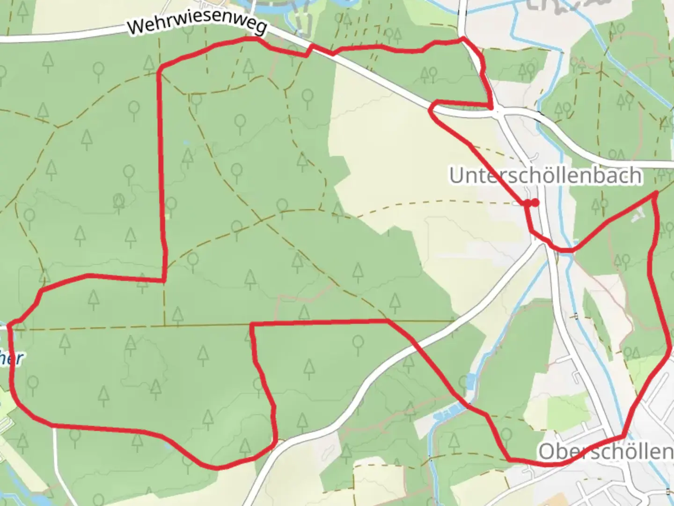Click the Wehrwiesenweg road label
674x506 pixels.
coord(197,26)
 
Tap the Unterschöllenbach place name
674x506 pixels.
coord(546,176)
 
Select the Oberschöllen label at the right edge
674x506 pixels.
coord(606,452)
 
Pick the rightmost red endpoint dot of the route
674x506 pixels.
coord(535,202)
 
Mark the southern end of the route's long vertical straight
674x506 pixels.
coord(164,280)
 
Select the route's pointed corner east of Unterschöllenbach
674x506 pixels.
coord(655,194)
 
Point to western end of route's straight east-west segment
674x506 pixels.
coord(252,324)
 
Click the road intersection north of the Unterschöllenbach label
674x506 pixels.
coord(499,112)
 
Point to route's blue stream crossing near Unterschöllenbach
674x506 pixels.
coord(571,250)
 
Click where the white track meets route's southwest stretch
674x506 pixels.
coord(54,425)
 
